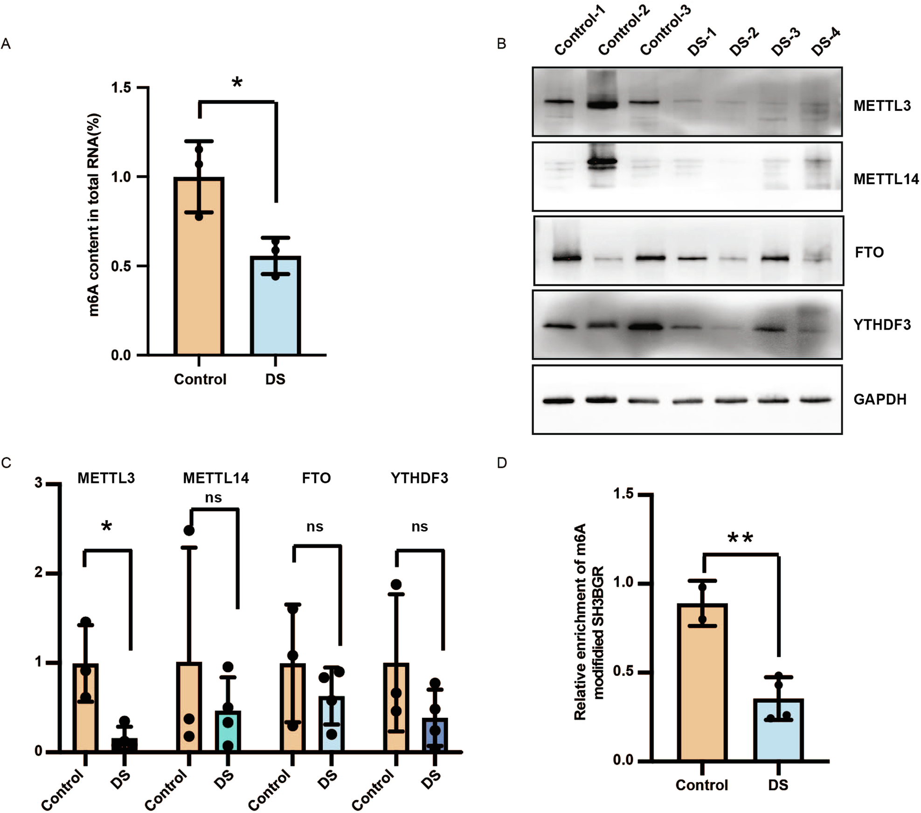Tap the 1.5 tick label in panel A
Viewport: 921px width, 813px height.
point(121,88)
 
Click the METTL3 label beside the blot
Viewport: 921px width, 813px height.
point(882,106)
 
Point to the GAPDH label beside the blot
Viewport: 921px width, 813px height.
point(879,400)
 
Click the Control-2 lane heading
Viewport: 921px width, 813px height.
point(624,30)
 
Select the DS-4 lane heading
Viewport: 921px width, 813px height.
point(826,42)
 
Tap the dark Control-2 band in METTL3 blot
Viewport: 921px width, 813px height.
point(602,104)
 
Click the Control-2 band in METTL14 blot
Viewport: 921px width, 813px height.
point(602,162)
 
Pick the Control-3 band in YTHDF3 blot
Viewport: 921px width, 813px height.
point(645,326)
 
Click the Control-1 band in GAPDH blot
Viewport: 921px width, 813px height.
point(558,400)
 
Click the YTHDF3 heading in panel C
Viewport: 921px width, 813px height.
point(419,478)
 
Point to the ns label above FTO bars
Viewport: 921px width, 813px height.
point(315,527)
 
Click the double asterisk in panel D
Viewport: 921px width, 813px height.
point(740,538)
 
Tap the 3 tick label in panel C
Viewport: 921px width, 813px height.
point(39,482)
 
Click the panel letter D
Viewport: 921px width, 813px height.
point(502,463)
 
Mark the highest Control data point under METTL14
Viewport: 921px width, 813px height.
point(189,530)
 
